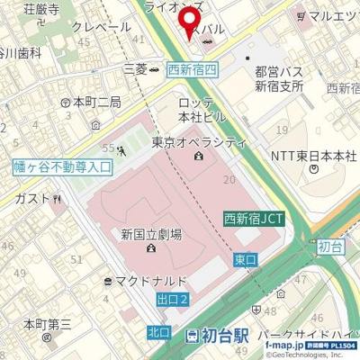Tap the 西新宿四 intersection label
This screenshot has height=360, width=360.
click(x=192, y=68)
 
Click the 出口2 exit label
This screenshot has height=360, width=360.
click(x=171, y=299)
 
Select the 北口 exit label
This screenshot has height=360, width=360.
click(x=158, y=332)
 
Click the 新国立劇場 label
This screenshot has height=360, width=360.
click(x=151, y=234)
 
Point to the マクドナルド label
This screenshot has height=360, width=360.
click(x=150, y=281)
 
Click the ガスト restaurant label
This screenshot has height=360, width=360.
click(x=31, y=198)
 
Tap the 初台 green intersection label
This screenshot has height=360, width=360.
click(x=330, y=245)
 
